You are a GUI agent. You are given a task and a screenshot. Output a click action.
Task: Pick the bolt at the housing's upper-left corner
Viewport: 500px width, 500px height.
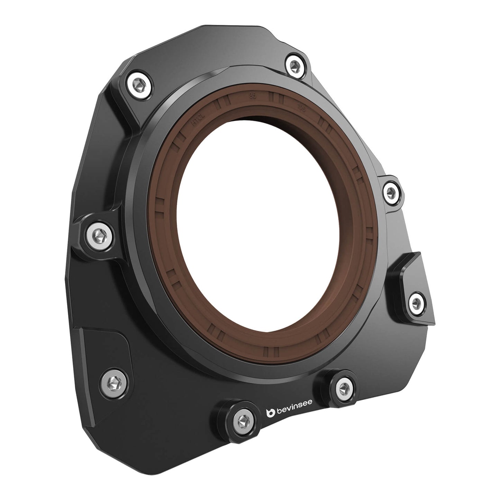click(139, 84)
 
